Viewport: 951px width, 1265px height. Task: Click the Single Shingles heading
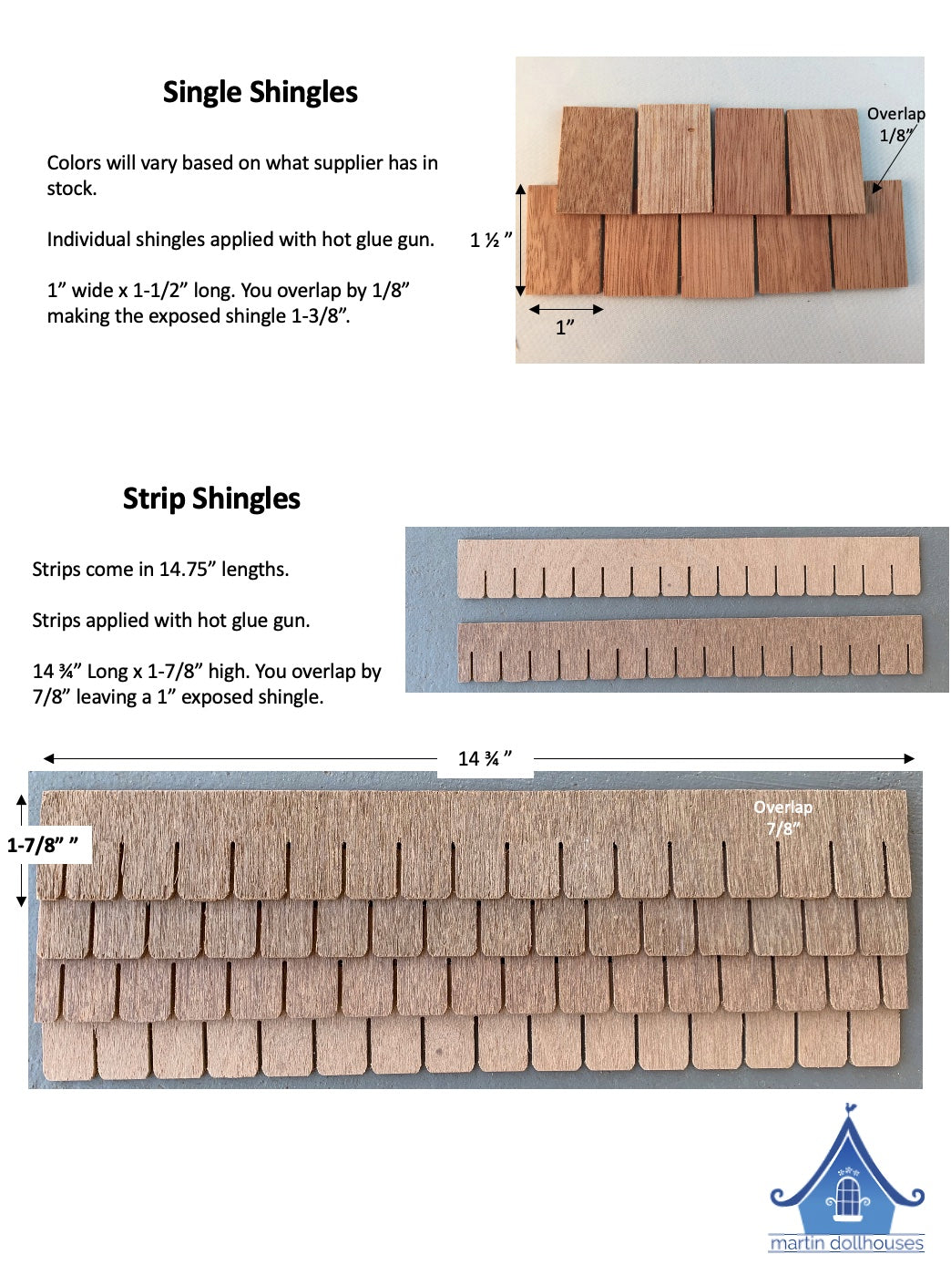point(260,92)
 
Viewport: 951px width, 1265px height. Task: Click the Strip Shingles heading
point(211,499)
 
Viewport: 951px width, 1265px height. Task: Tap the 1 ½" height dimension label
point(490,240)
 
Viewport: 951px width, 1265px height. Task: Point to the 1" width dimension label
point(565,327)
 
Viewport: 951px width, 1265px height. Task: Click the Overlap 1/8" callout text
point(895,125)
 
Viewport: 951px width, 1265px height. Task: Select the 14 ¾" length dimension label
point(485,758)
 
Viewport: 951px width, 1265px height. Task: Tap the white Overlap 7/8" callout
point(782,818)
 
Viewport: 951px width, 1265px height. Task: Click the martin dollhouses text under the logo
point(846,1243)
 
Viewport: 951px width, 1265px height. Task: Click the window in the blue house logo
point(848,1195)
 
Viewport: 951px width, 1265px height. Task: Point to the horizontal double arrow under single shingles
point(566,310)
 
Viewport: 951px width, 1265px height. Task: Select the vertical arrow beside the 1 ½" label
point(520,240)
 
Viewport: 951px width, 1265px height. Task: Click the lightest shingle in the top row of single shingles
point(674,159)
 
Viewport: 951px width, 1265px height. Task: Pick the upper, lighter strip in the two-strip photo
point(689,567)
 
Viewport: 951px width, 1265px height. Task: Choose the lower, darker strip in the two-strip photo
point(690,648)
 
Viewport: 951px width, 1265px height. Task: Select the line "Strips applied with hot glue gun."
point(171,620)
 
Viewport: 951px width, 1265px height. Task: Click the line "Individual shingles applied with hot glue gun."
point(240,239)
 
